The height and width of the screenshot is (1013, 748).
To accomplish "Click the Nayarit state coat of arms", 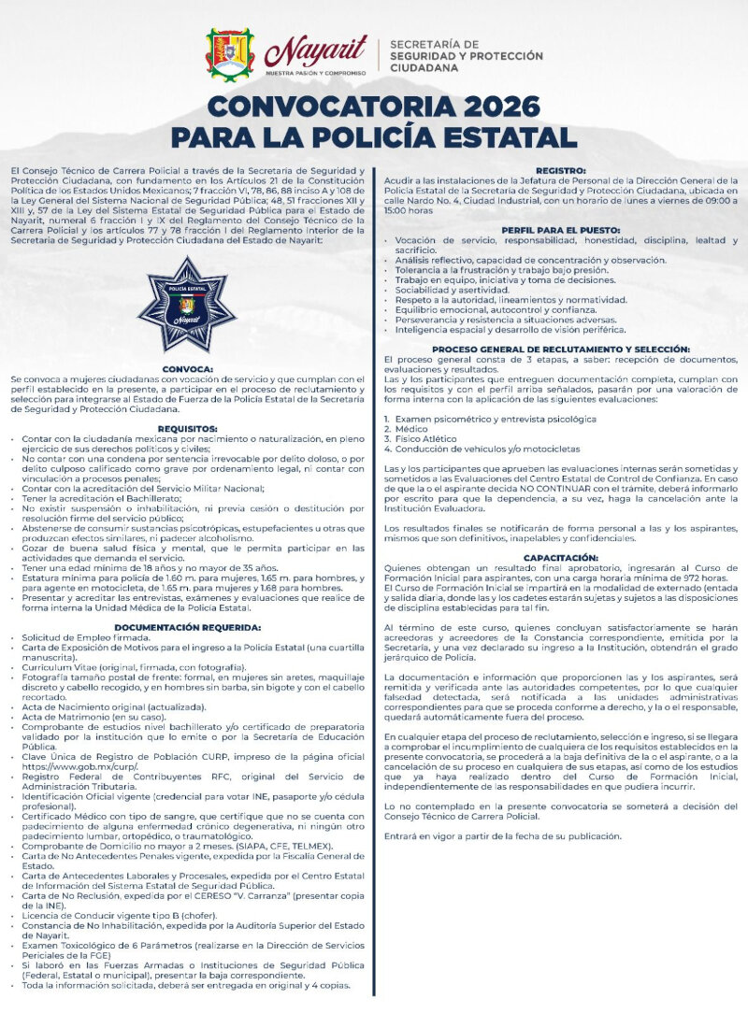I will [x=230, y=55].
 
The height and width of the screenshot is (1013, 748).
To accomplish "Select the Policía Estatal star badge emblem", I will [x=186, y=305].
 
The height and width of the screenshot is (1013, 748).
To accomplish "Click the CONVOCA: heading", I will [x=187, y=369].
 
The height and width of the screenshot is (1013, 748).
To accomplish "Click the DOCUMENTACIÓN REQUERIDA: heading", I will [x=187, y=627].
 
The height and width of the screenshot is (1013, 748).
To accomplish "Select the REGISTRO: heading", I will [x=561, y=171].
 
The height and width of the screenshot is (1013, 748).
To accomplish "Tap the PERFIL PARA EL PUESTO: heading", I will [x=561, y=230].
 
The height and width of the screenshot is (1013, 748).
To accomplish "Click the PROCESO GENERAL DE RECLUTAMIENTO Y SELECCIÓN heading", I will [x=561, y=349].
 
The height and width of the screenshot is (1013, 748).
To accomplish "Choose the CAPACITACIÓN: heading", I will [x=561, y=557].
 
